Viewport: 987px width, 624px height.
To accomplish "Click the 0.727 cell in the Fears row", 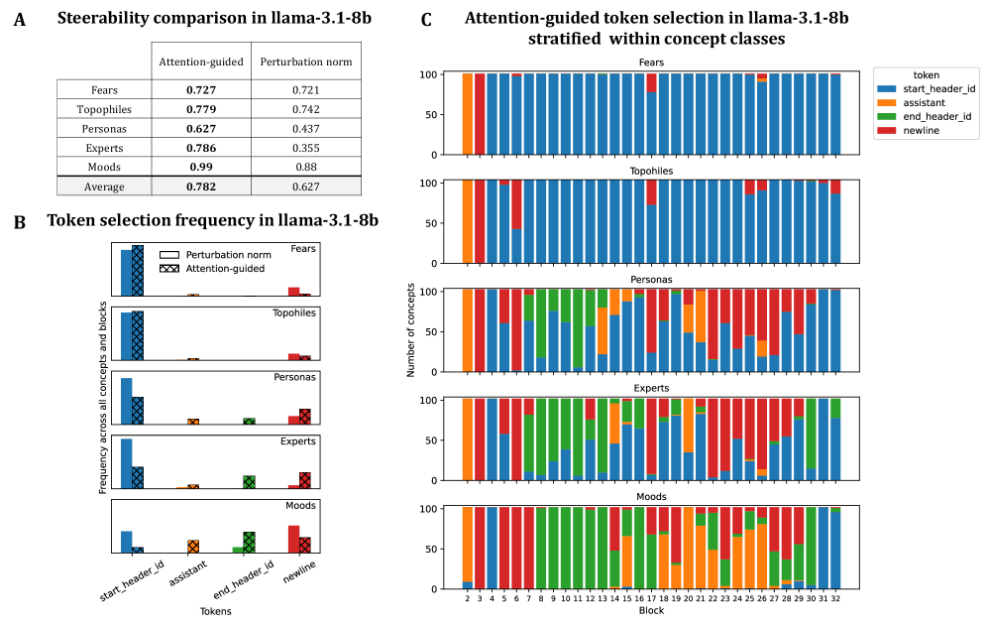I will coord(201,90).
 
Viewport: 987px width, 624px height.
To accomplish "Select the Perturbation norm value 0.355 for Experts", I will coord(305,147).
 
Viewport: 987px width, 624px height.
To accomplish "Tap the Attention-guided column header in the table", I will coord(201,62).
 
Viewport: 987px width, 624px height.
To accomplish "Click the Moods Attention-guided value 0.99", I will coord(201,166).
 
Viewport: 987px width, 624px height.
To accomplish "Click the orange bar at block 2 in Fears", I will coord(468,113).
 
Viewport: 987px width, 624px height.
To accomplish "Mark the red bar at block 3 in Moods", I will coord(480,548).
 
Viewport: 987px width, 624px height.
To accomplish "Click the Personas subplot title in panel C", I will coord(652,281).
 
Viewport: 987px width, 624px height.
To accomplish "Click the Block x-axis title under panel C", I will coord(651,611).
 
